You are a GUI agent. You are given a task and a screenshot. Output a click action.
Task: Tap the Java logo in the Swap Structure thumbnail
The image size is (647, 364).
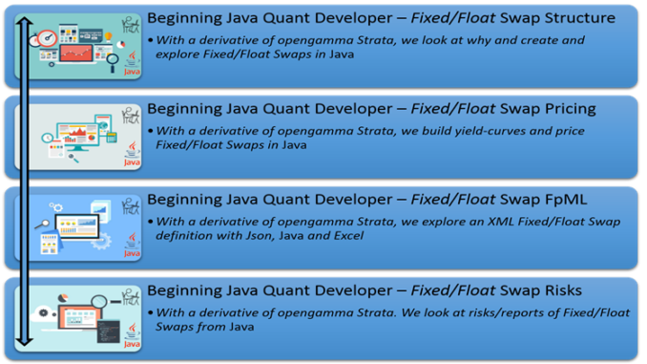[x=132, y=65]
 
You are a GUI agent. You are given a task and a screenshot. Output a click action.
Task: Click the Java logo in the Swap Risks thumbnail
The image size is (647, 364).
[x=132, y=336]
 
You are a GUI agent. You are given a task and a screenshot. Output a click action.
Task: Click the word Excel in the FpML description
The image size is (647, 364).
[x=348, y=236]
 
